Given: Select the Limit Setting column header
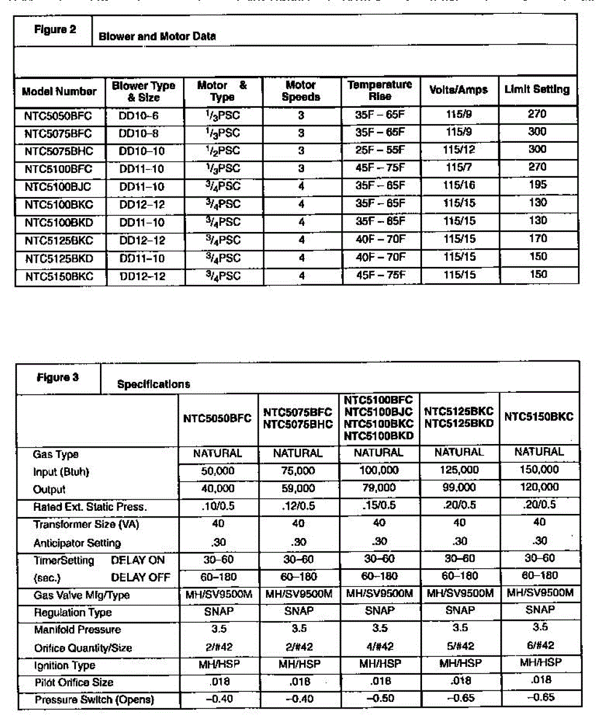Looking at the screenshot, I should coord(536,90).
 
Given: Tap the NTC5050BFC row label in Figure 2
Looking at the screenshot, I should coord(58,114).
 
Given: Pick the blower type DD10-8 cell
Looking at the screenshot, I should coord(142,132).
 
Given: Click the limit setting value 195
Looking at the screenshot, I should coord(538,185).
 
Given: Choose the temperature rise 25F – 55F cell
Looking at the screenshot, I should coord(379,149).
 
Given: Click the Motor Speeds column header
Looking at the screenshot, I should coord(301,91).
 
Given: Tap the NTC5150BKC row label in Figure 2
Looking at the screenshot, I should coord(58,276).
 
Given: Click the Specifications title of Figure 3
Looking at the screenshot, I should coord(154,384).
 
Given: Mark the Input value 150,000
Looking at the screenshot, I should coord(539,469).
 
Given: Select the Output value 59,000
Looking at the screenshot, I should coord(298,488).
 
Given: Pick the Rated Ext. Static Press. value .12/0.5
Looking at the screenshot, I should coord(298,505).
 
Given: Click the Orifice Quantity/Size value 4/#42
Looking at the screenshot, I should coord(379,646).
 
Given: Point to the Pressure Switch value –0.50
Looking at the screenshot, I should coord(379,699).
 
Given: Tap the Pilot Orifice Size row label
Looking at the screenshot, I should coord(73,683).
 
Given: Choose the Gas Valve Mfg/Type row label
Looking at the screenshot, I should coord(81,595).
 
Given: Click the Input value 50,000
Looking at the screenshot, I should coord(217,470).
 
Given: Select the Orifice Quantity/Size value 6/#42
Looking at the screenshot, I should coord(539,645).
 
